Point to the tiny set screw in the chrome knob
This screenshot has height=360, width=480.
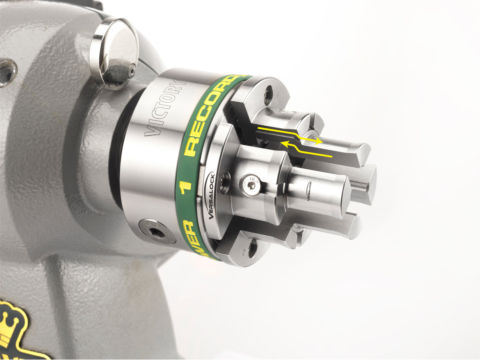(x=132, y=70)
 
